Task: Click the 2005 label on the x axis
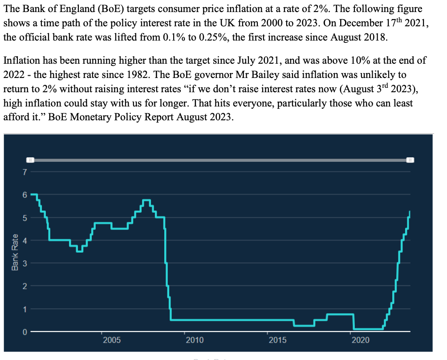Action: click(112, 340)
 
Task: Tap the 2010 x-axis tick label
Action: click(195, 340)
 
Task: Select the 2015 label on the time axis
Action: click(277, 340)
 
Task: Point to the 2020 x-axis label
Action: click(360, 340)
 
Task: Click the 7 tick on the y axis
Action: click(25, 172)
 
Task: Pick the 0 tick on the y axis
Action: click(25, 332)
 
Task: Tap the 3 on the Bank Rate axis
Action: click(25, 263)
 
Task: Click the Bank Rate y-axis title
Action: click(15, 252)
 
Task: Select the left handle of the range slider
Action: click(29, 160)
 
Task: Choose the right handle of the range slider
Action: click(410, 160)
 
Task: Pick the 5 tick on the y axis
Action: click(25, 218)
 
